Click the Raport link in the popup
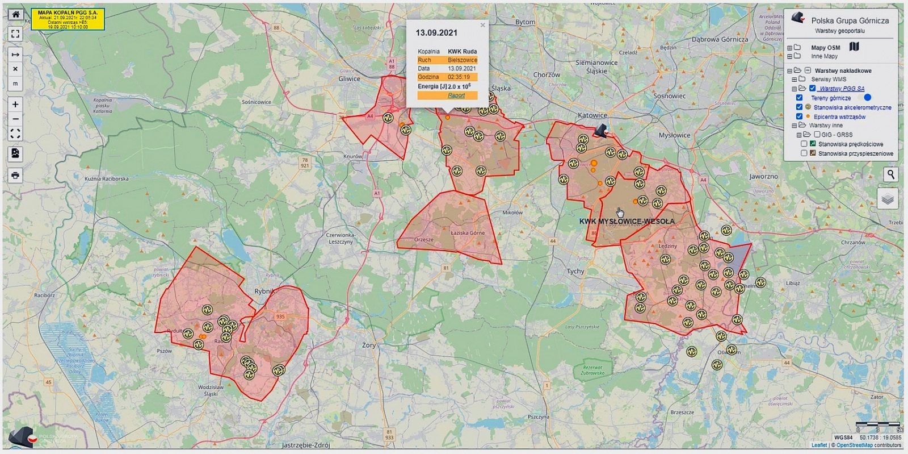[x=456, y=95]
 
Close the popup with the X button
[x=483, y=25]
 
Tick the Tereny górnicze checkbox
[x=799, y=98]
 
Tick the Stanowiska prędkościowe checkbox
[x=804, y=144]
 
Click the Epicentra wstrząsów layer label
[x=839, y=116]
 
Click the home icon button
[x=15, y=15]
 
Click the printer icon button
[x=15, y=175]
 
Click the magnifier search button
[x=890, y=174]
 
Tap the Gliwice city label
[x=349, y=79]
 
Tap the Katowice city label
[x=592, y=115]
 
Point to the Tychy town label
[x=575, y=272]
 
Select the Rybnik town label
[x=264, y=291]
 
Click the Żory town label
[x=369, y=345]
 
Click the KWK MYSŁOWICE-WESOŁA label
[x=627, y=221]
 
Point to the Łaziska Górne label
[x=468, y=233]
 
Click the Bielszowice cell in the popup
[x=462, y=60]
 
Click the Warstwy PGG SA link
[x=842, y=89]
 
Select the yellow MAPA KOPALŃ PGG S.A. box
[x=68, y=19]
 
